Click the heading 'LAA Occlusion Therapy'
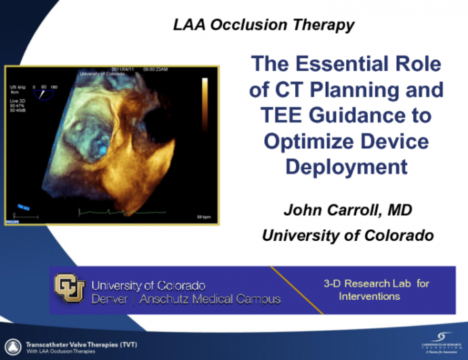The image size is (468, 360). [263, 26]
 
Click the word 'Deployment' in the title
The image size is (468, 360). [346, 166]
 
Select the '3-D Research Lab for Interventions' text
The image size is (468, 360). [376, 290]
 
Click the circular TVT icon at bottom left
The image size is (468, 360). [11, 344]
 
